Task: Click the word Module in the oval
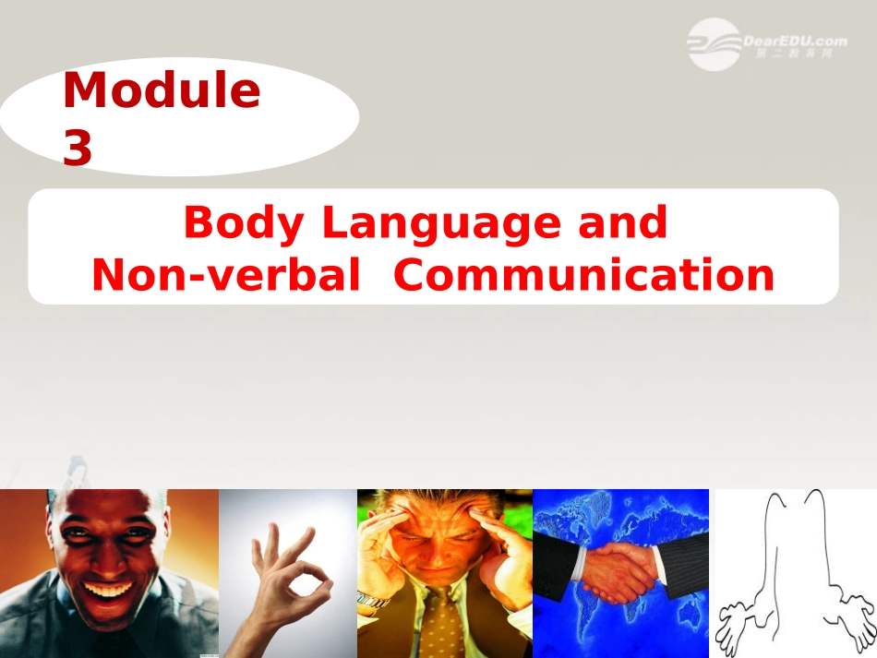pyautogui.click(x=162, y=91)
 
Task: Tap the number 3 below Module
pyautogui.click(x=78, y=149)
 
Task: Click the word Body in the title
pyautogui.click(x=244, y=223)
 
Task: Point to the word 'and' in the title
pyautogui.click(x=622, y=223)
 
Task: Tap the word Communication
pyautogui.click(x=583, y=275)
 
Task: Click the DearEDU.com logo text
pyautogui.click(x=794, y=41)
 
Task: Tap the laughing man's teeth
pyautogui.click(x=108, y=588)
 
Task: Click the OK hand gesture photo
pyautogui.click(x=288, y=572)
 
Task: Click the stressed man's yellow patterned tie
pyautogui.click(x=443, y=628)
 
